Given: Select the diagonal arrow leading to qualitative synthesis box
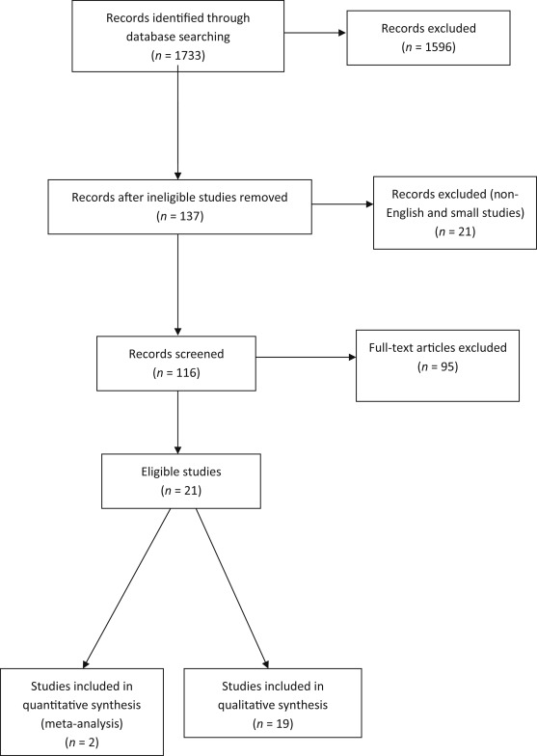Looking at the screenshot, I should tap(233, 591).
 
